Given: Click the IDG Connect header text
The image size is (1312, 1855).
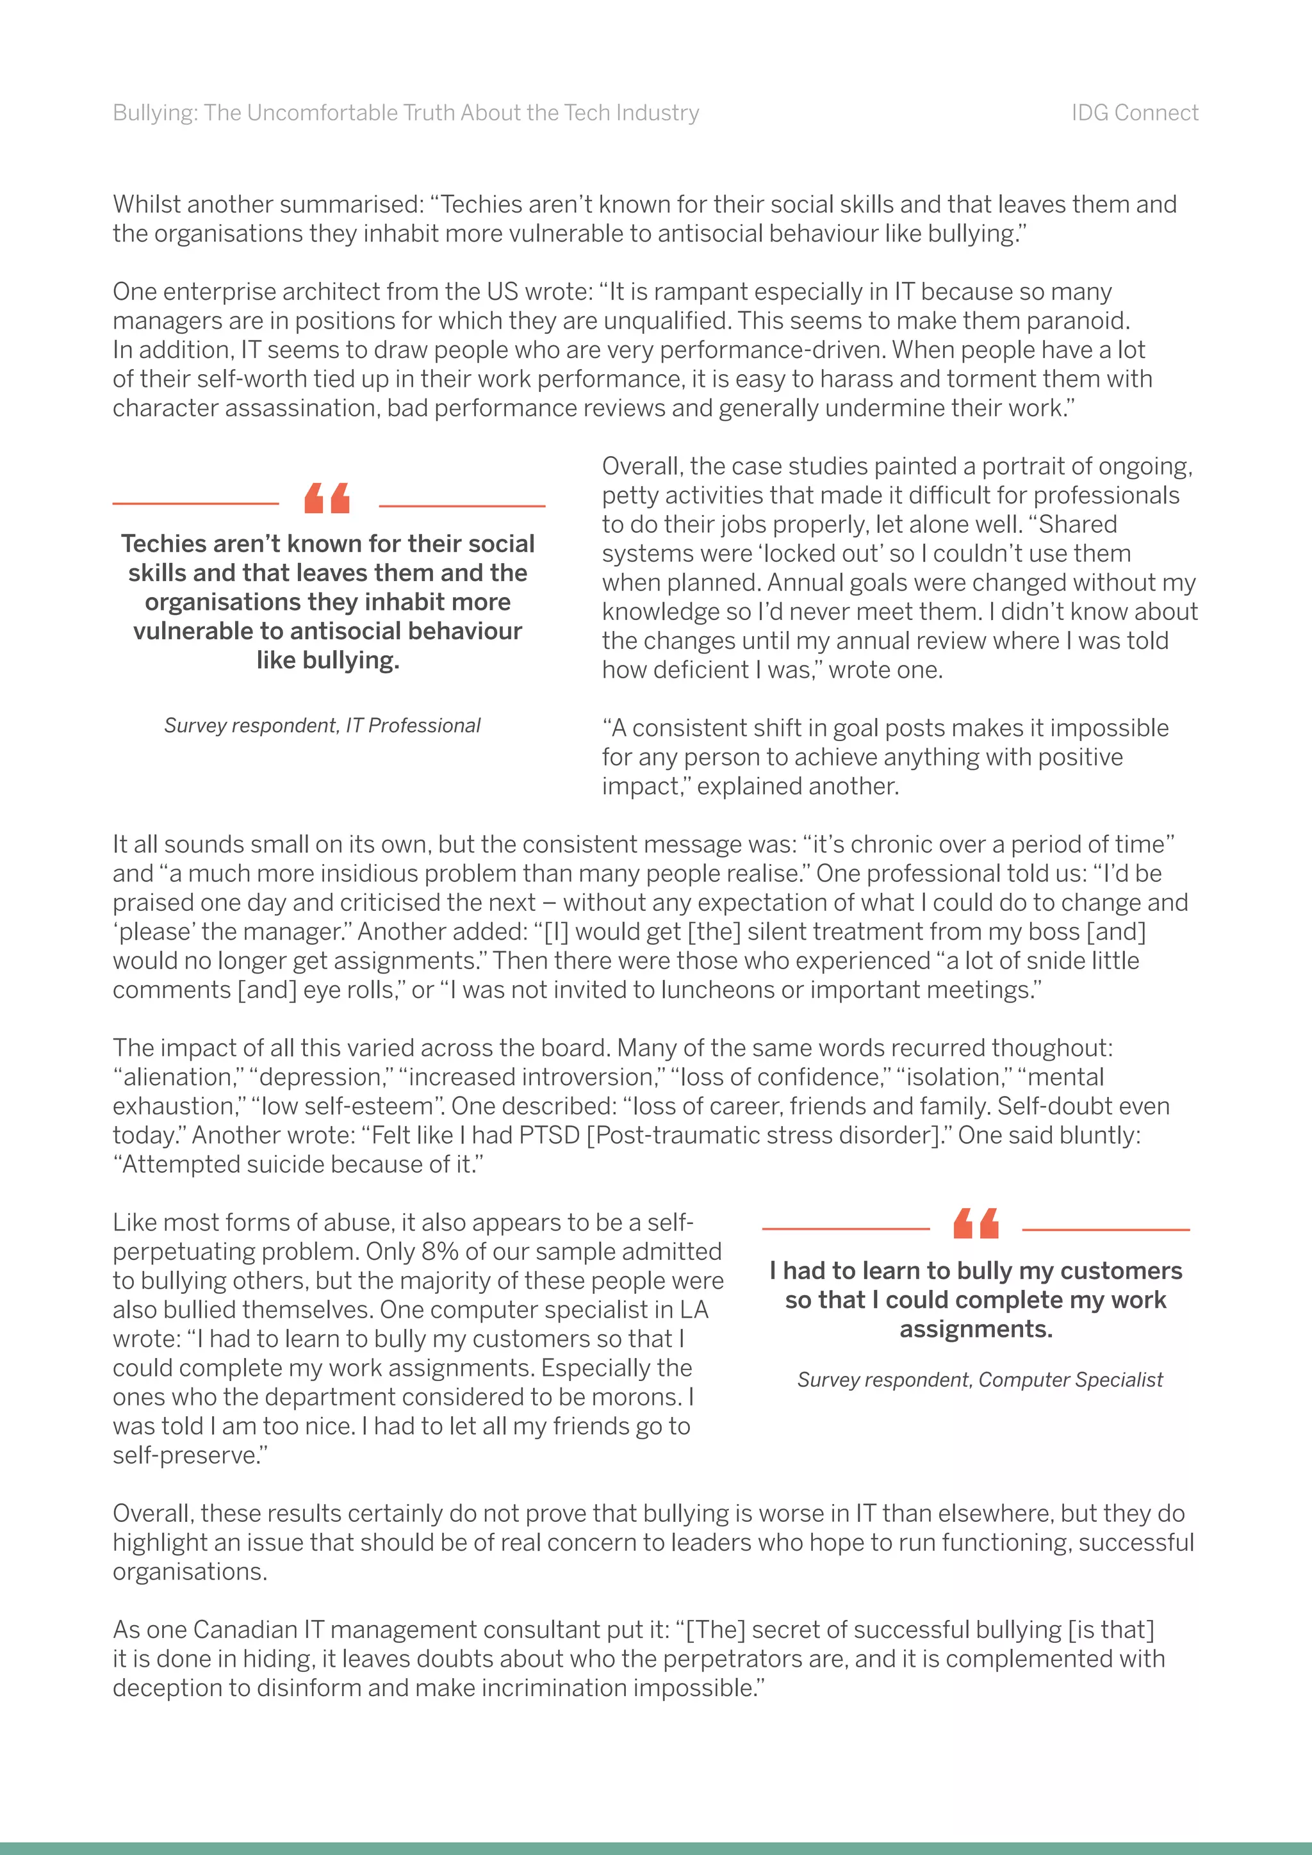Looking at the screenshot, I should (x=1135, y=113).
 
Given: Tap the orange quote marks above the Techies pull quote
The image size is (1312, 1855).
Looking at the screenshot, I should (x=327, y=498).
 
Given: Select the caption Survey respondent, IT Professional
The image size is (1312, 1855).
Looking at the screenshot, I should (x=322, y=726).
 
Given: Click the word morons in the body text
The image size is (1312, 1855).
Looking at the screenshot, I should (x=637, y=1397).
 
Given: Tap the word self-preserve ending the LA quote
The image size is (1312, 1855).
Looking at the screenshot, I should (x=186, y=1455).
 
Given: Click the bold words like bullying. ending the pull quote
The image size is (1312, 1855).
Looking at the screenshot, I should (x=328, y=660).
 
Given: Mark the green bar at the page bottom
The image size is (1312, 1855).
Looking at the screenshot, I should (x=656, y=1848).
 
